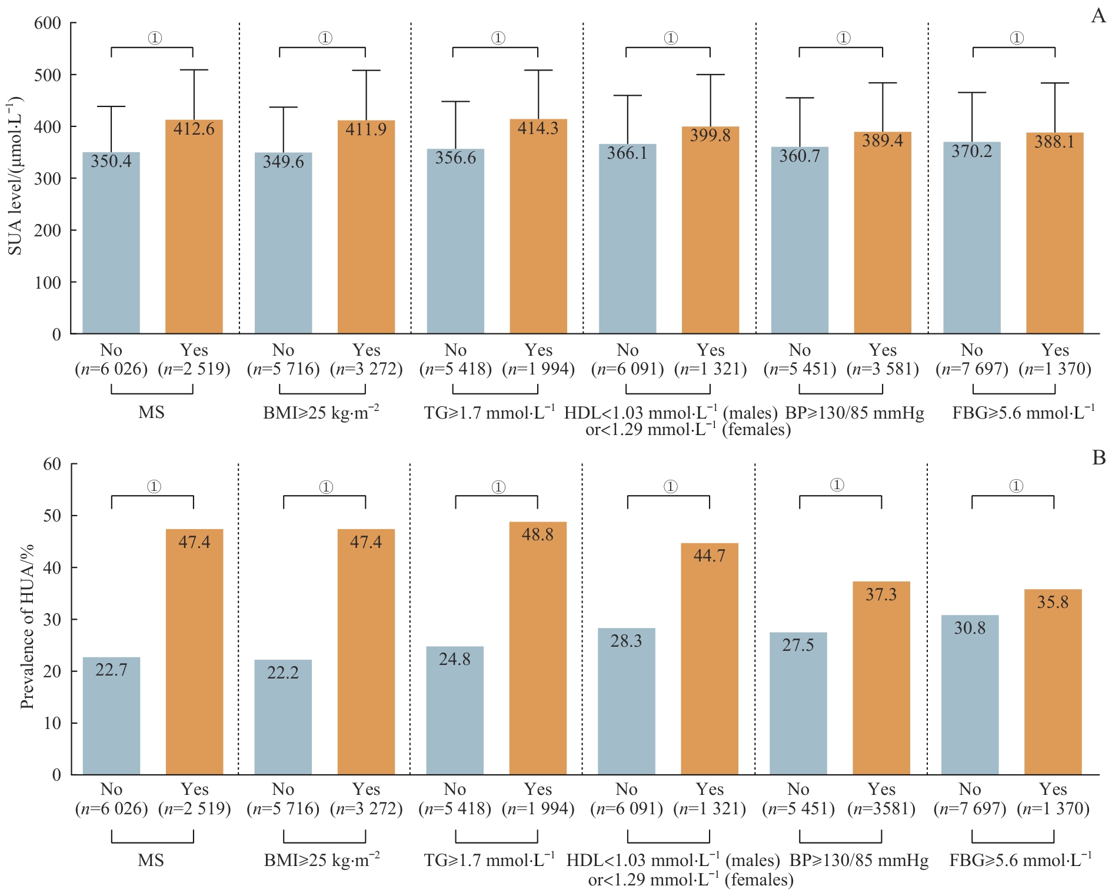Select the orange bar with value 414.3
point(538,226)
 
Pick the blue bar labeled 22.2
point(283,717)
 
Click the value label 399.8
point(710,135)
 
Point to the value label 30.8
point(970,628)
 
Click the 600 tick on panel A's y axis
point(48,23)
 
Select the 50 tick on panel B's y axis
point(52,516)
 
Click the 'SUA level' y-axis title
point(15,175)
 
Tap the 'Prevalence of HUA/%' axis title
point(27,626)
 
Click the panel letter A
point(1098,15)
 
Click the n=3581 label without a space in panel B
point(881,808)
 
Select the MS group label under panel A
point(151,412)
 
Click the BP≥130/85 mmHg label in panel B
point(858,860)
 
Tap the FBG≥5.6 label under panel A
point(1023,412)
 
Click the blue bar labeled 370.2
point(972,238)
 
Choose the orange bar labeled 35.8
point(1053,682)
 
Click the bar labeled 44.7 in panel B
point(710,658)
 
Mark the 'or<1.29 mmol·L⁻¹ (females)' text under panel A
point(688,430)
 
